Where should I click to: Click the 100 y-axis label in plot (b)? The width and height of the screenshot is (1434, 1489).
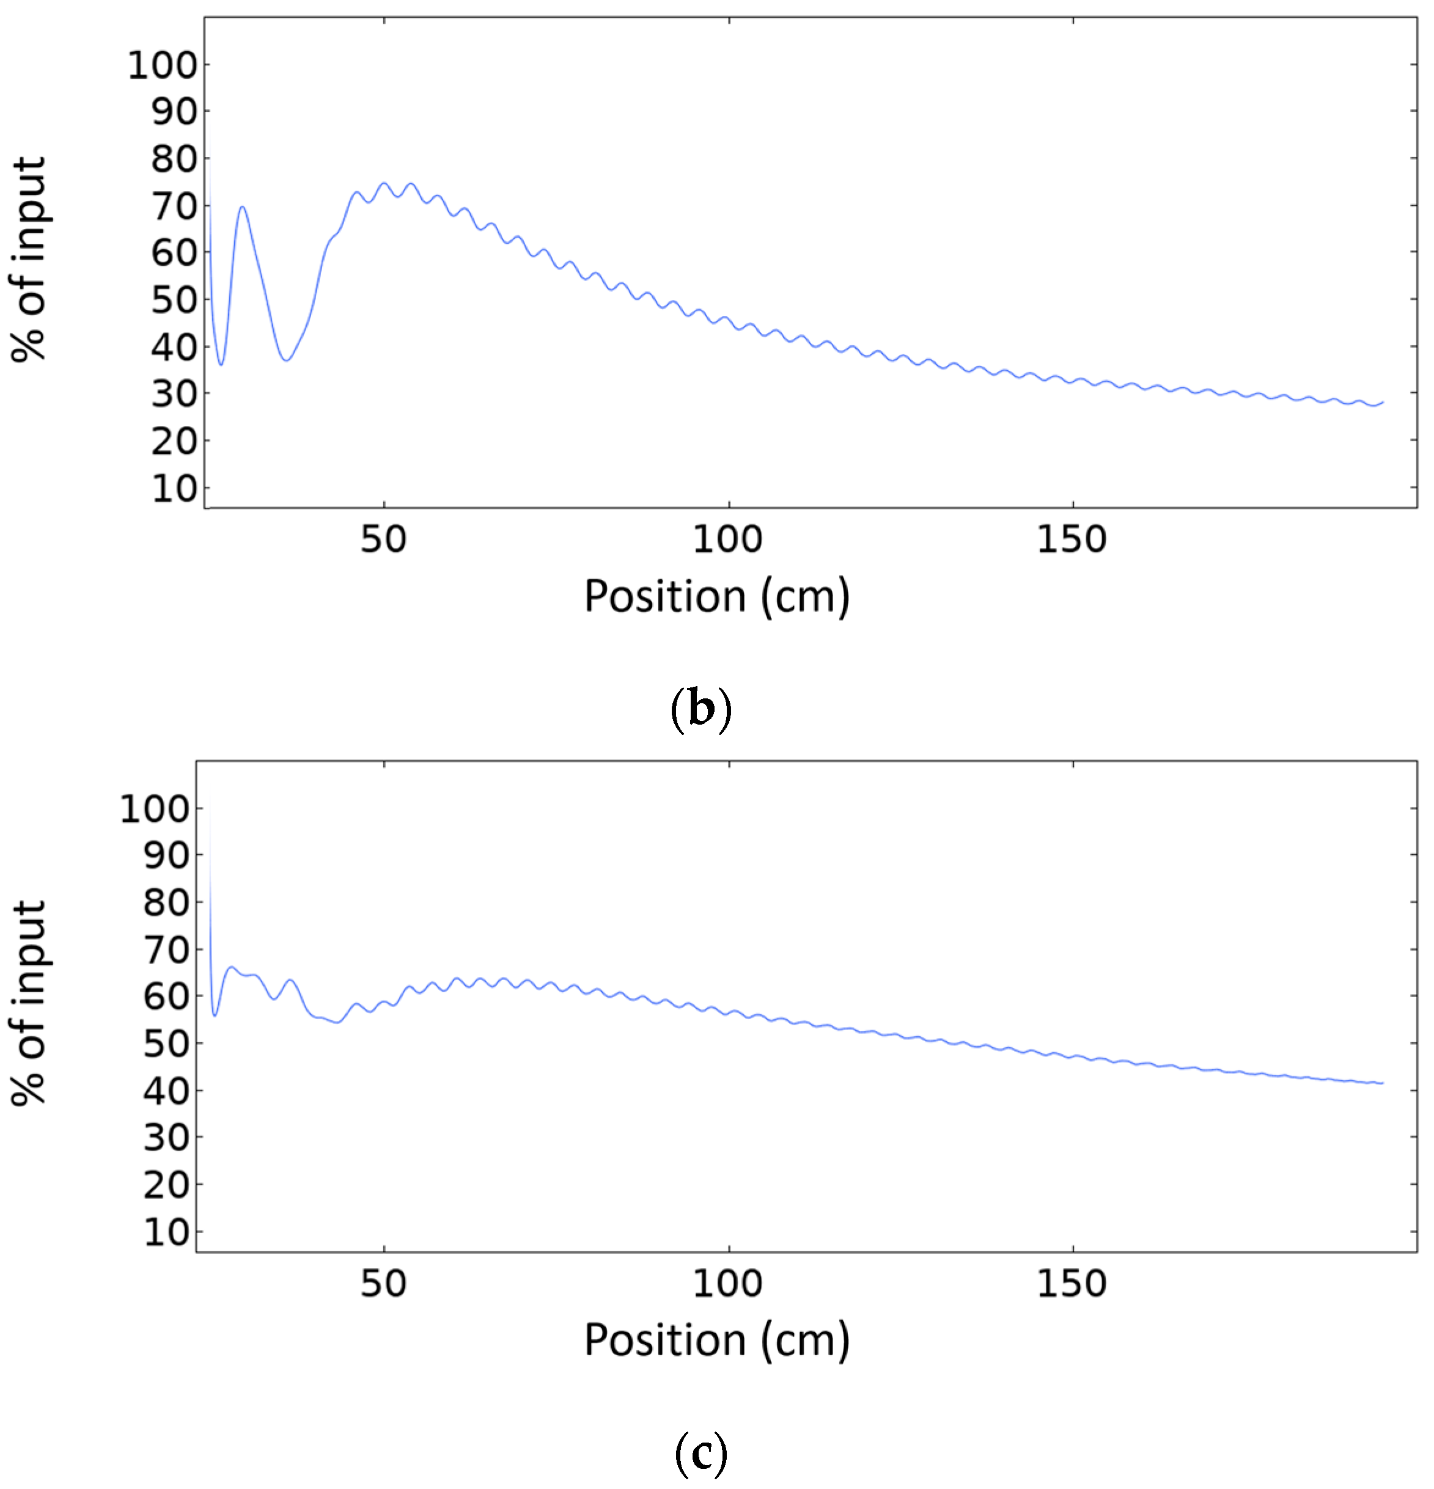162,65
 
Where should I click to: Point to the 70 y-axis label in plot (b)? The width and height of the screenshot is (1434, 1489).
174,206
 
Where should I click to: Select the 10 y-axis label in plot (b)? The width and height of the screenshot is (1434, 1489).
174,488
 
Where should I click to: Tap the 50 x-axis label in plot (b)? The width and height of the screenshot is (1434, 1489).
384,540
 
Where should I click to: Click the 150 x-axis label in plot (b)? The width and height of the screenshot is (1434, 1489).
1072,540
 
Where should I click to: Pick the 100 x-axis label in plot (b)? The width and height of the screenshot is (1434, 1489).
727,540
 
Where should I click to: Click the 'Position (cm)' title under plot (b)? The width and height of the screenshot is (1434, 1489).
716,596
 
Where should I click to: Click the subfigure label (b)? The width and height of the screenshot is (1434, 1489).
700,709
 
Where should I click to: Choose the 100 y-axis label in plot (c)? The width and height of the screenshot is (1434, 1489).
154,810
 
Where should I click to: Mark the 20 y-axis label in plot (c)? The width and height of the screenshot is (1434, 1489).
166,1185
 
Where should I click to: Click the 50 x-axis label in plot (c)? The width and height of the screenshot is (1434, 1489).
384,1284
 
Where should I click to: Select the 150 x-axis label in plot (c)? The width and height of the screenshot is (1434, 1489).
1072,1284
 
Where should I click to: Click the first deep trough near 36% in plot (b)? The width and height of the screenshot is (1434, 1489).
221,365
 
